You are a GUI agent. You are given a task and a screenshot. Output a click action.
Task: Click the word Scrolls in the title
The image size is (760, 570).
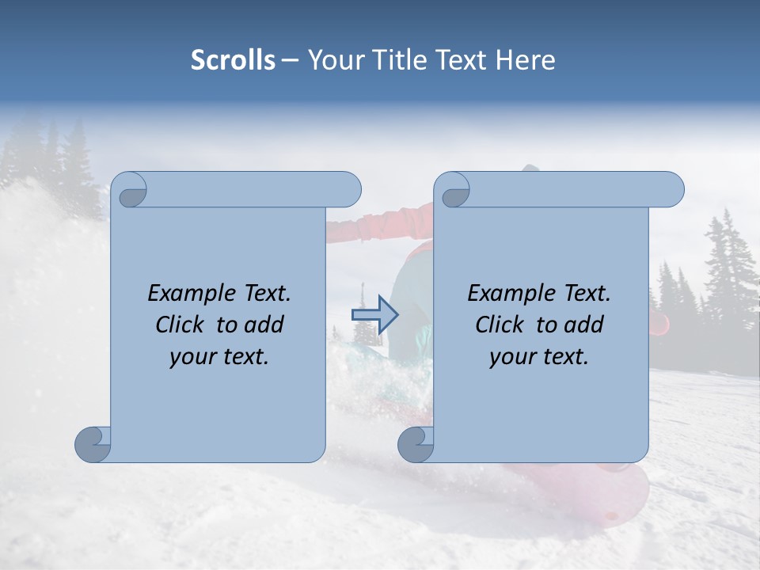pyautogui.click(x=233, y=60)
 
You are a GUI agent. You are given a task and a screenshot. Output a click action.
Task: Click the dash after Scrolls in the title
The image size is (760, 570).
pyautogui.click(x=290, y=61)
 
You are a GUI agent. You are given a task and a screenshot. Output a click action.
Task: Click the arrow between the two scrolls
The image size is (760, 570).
pyautogui.click(x=374, y=314)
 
